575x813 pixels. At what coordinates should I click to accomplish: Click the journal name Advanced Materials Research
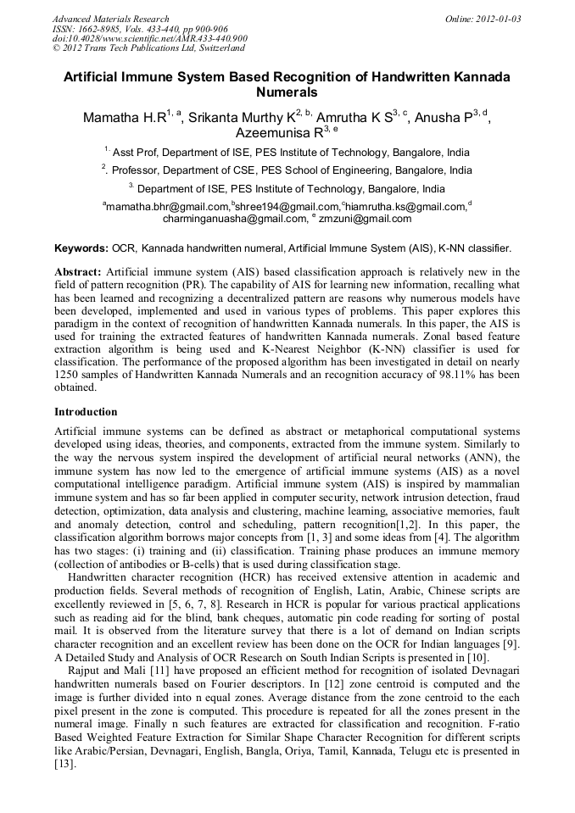pos(110,19)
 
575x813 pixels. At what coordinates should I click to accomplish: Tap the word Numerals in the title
pos(287,92)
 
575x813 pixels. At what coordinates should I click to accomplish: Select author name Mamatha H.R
pos(124,118)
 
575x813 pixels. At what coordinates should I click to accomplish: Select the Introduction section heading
pos(86,412)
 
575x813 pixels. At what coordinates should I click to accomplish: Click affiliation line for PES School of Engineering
pos(287,170)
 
